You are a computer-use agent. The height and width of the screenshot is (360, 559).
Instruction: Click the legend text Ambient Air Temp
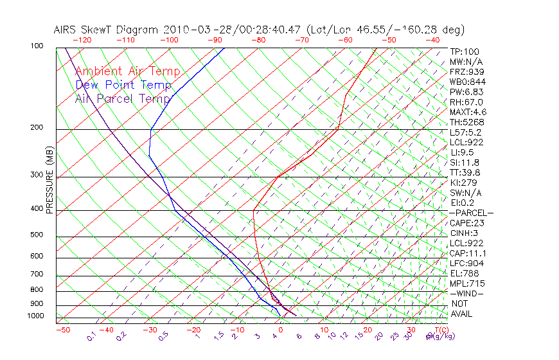[127, 71]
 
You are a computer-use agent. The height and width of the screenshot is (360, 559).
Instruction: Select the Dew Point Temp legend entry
[123, 85]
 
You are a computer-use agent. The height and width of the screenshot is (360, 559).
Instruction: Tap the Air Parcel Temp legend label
[123, 98]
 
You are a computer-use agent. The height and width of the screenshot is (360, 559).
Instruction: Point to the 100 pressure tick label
[37, 46]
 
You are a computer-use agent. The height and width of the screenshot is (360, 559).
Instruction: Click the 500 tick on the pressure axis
[37, 235]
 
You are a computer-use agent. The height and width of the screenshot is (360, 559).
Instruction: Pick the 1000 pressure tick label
[35, 316]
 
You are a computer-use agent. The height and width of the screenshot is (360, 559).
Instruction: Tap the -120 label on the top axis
[82, 39]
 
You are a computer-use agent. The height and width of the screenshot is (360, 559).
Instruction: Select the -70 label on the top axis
[302, 39]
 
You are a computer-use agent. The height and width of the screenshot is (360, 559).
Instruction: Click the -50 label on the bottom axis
[62, 330]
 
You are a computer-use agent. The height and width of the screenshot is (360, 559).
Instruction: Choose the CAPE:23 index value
[467, 223]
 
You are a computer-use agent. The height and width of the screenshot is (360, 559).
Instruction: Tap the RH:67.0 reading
[466, 102]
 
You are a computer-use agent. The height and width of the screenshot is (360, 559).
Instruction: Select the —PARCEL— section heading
[471, 213]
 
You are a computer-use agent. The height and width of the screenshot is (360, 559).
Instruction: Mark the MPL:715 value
[466, 283]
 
